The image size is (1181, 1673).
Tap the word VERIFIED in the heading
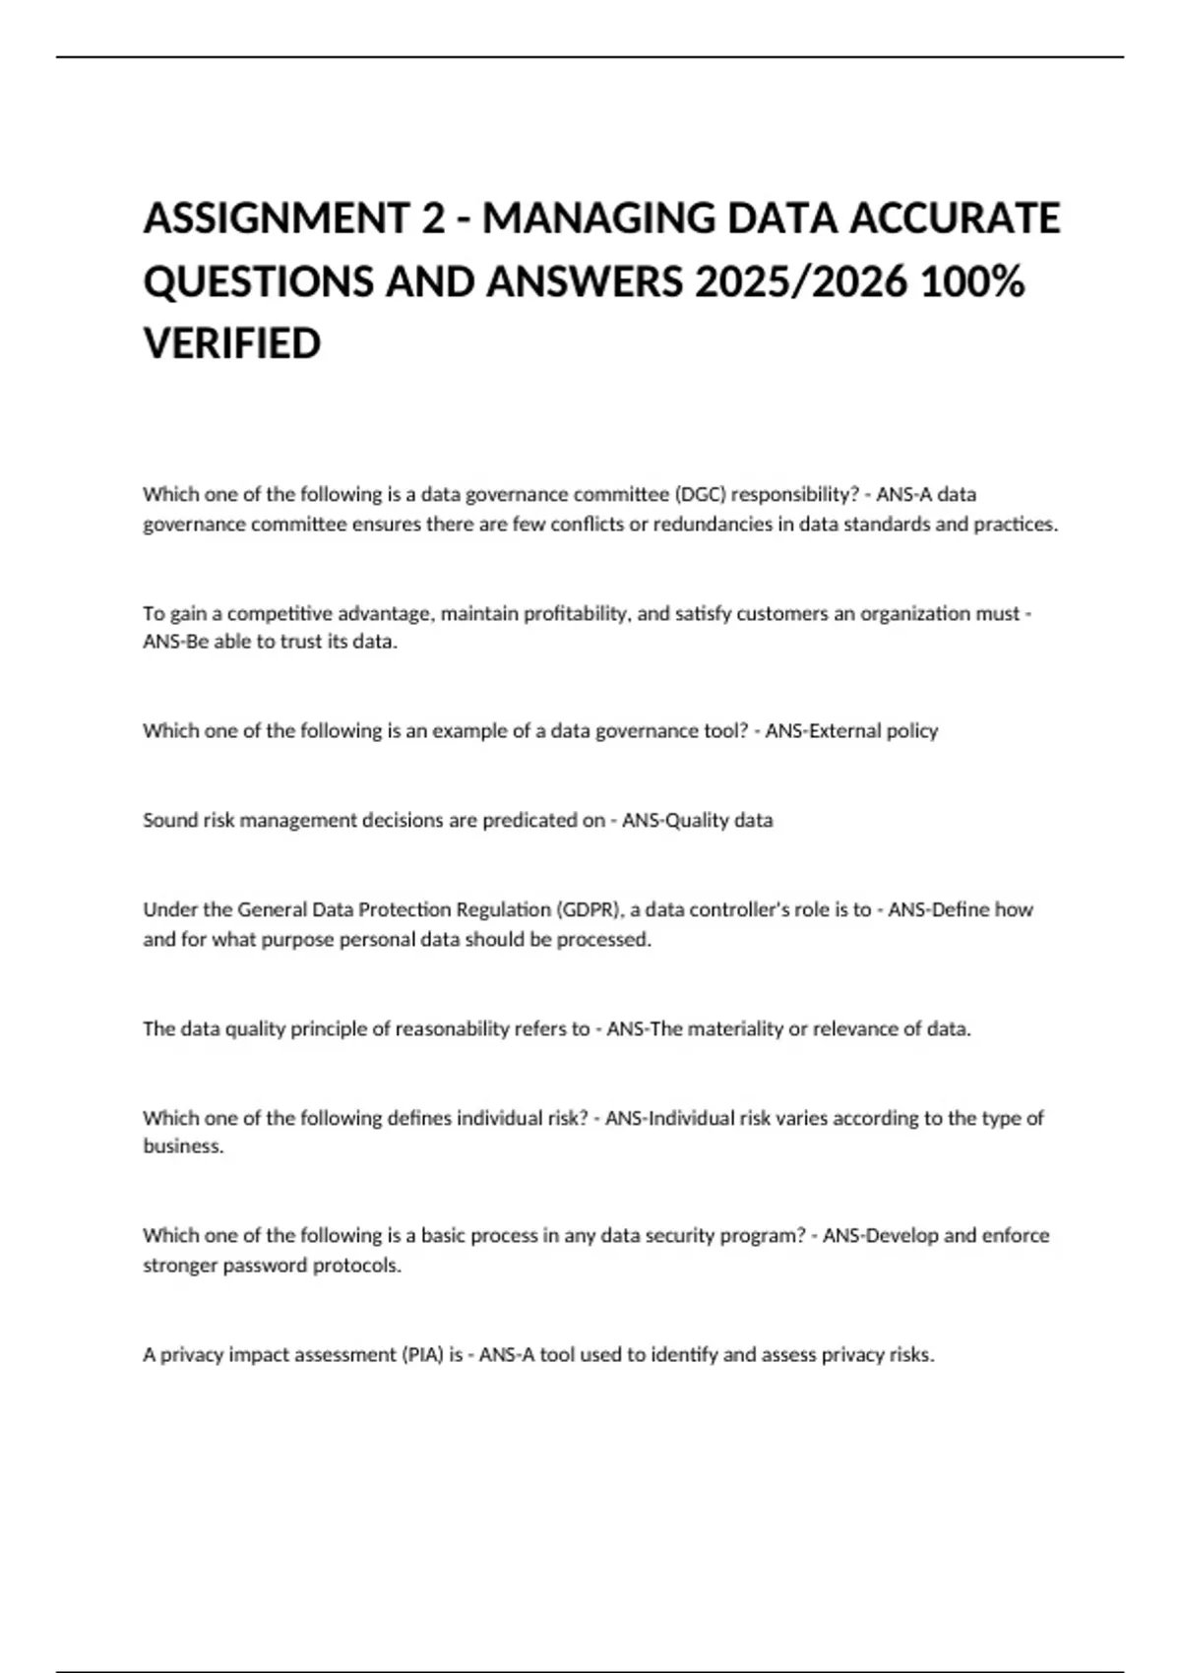coord(232,344)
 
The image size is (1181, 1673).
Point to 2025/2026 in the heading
coord(800,281)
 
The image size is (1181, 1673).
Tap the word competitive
coord(280,613)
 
